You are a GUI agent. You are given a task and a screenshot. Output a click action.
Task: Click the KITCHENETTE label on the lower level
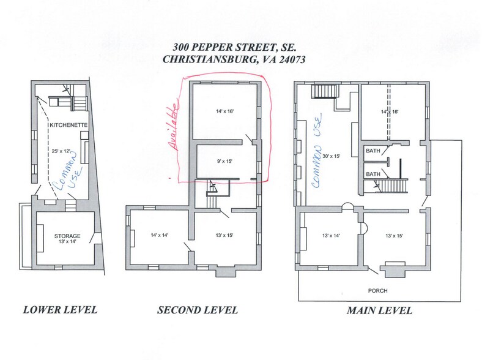coord(69,125)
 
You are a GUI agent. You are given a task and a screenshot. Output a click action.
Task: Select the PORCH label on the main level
coord(378,290)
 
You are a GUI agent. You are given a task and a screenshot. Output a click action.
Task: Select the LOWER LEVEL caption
coord(60,310)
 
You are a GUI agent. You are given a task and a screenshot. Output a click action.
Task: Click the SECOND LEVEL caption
coord(198,310)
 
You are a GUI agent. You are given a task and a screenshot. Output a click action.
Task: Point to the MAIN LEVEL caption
coord(379,310)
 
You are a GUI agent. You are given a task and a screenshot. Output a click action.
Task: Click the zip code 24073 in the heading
coord(289,59)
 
